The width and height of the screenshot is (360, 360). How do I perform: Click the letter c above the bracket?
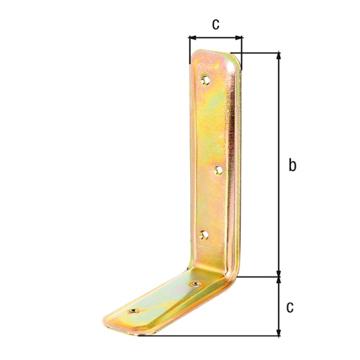pos(215,24)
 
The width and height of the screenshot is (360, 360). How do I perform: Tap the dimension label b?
pos(292,165)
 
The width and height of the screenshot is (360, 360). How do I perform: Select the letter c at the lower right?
pos(290,307)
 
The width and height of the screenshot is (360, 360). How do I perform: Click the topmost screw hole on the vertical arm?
pos(207,80)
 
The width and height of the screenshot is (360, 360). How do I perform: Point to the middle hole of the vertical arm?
pos(219,170)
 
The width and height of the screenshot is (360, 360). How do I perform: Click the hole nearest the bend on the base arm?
pos(195,286)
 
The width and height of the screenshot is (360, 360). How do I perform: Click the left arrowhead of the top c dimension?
pos(192,38)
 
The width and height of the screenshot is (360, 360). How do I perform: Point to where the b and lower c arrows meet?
pos(278,276)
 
